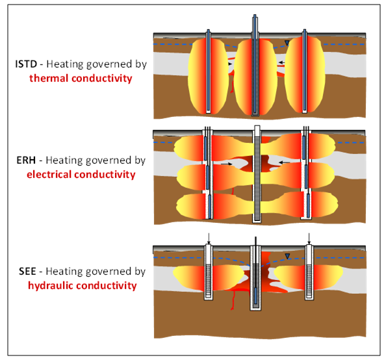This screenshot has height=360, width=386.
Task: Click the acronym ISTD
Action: pyautogui.click(x=26, y=64)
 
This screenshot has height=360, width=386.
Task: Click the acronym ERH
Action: pyautogui.click(x=26, y=161)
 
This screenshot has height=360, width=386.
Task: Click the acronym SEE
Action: pyautogui.click(x=27, y=272)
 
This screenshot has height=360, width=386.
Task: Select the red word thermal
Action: pyautogui.click(x=49, y=79)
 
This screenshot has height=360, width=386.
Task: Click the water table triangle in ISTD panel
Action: pyautogui.click(x=287, y=43)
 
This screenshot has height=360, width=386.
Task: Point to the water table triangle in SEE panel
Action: pyautogui.click(x=287, y=256)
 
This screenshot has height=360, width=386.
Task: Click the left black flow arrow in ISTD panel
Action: pyautogui.click(x=230, y=64)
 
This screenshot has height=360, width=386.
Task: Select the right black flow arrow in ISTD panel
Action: pyautogui.click(x=281, y=63)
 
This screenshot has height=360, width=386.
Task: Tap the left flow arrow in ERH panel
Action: pyautogui.click(x=227, y=164)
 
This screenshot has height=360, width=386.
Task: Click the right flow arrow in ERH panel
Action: pyautogui.click(x=285, y=162)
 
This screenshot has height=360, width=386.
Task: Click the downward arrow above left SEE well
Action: pyautogui.click(x=209, y=238)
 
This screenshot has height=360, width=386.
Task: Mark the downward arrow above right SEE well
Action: pyautogui.click(x=309, y=238)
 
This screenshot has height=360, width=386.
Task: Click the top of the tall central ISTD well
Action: pyautogui.click(x=255, y=15)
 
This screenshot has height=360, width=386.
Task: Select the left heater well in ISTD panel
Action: pyautogui.click(x=208, y=71)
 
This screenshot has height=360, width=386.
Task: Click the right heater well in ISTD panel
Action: pyautogui.click(x=305, y=71)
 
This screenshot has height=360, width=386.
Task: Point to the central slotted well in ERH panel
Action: pyautogui.click(x=257, y=174)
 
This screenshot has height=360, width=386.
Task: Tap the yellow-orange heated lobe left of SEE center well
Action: pyautogui.click(x=209, y=277)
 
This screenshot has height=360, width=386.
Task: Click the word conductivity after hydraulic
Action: pyautogui.click(x=107, y=285)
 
